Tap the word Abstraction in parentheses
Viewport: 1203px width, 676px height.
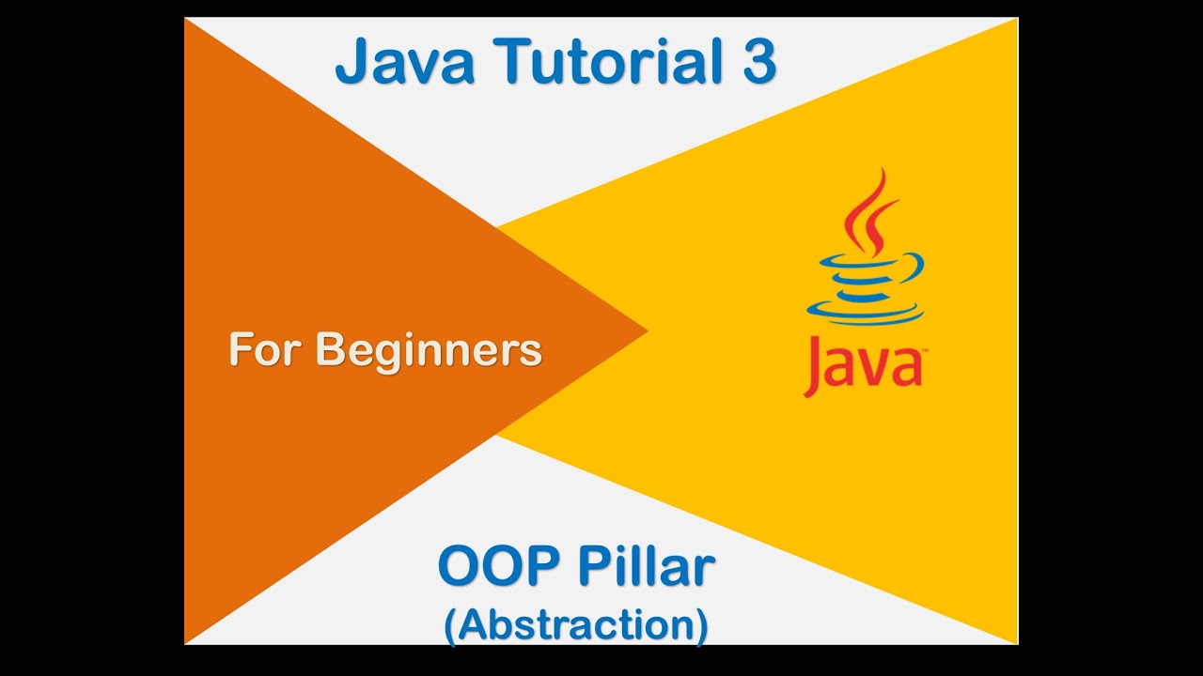(x=576, y=626)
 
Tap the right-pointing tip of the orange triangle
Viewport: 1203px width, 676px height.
(x=644, y=330)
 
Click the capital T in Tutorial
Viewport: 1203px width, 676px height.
(x=519, y=63)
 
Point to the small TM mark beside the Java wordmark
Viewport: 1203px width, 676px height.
(x=925, y=354)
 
